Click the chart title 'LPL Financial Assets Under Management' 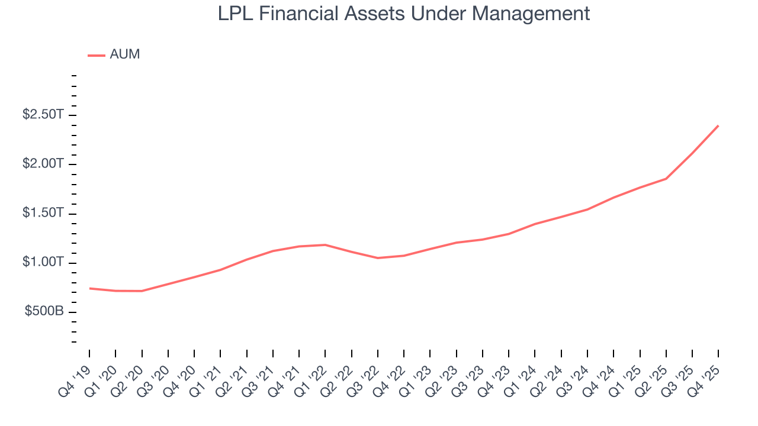coord(404,13)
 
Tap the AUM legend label coord(125,55)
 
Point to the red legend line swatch coord(96,56)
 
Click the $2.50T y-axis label coord(43,115)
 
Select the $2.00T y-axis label coord(43,164)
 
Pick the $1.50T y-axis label coord(43,213)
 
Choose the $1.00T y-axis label coord(43,262)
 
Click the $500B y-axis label coord(44,312)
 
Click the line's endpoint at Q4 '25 coord(718,125)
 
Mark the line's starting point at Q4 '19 coord(90,288)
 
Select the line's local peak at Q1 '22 coord(325,244)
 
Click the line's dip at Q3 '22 coord(378,258)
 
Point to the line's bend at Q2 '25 coord(666,179)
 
